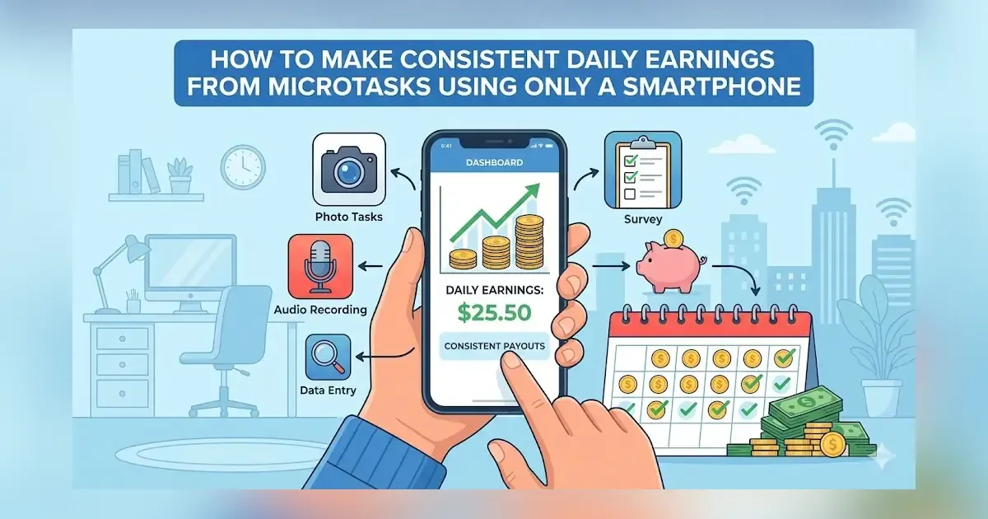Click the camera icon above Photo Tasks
(349, 169)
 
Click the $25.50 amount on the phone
(494, 313)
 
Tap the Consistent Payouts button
(494, 346)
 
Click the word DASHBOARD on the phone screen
(494, 163)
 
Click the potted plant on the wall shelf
(179, 175)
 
